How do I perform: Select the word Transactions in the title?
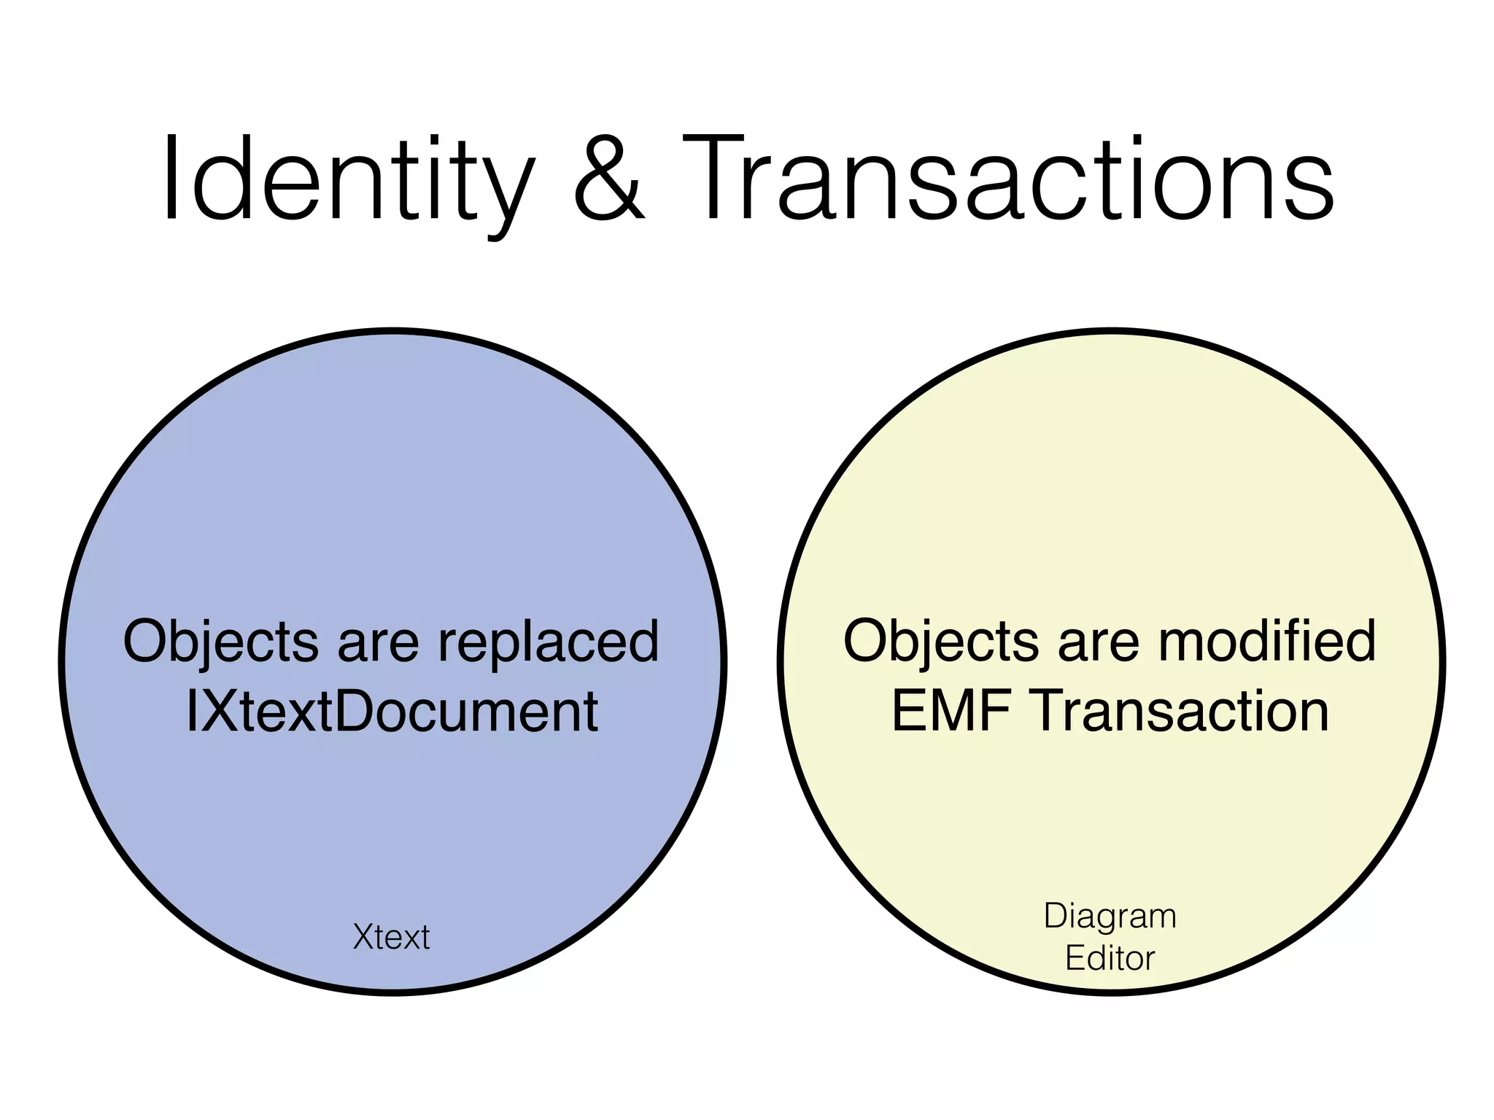pos(1007,179)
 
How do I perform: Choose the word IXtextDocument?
pos(392,712)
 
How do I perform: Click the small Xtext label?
pos(391,937)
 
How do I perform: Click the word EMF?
pos(951,712)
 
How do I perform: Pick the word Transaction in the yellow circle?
pos(1182,712)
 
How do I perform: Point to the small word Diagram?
pos(1110,917)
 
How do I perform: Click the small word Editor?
pos(1110,958)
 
